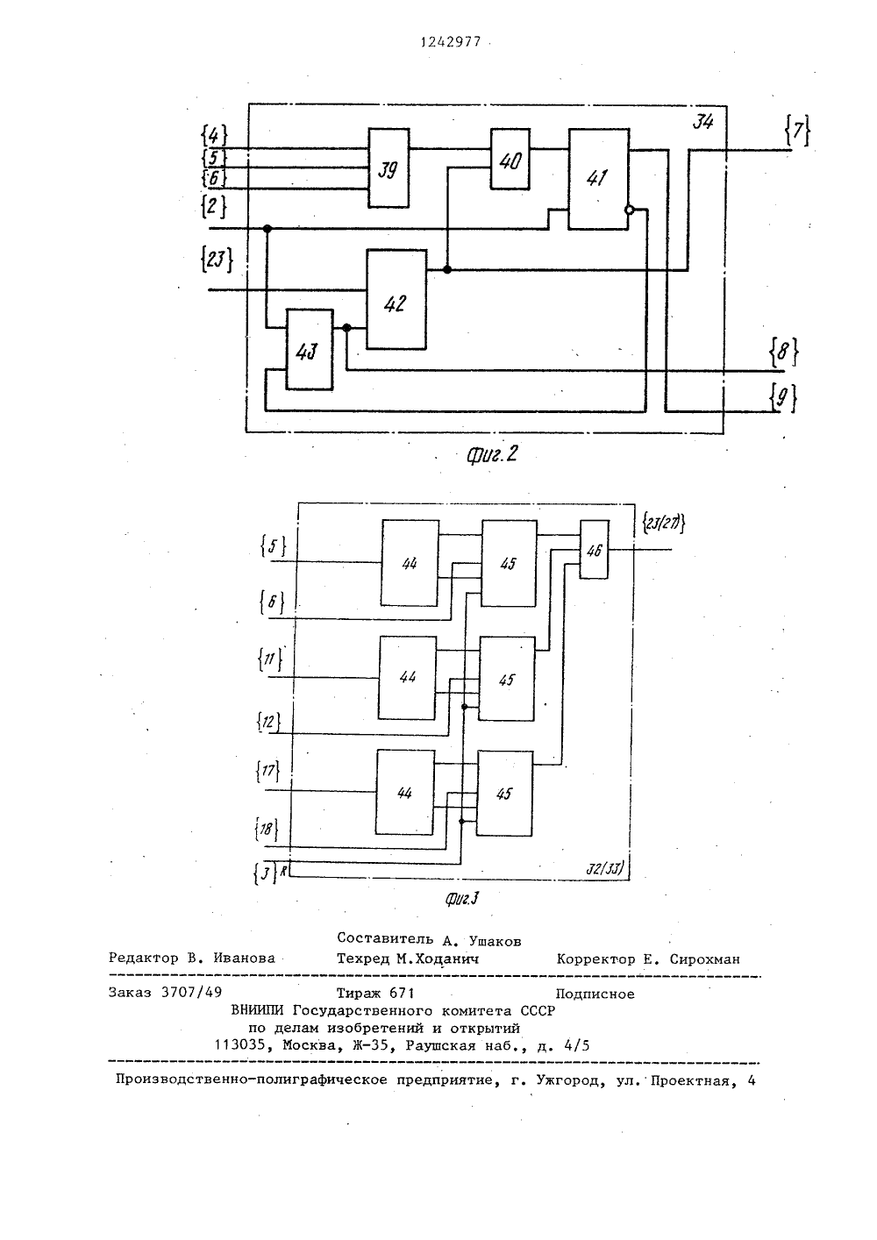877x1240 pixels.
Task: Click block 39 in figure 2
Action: (389, 168)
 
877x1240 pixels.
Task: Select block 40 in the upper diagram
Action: (510, 160)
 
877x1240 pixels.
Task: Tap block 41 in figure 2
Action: (598, 179)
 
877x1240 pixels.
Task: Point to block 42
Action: (396, 299)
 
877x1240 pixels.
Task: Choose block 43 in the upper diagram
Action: (310, 349)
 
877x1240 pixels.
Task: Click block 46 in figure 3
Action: (594, 549)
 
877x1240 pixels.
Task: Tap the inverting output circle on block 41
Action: (629, 210)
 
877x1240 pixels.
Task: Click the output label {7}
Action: (797, 131)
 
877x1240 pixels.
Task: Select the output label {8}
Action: (783, 352)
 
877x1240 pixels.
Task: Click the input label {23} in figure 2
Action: (217, 259)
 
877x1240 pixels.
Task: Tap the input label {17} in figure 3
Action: (268, 772)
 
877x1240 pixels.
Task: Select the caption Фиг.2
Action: (492, 454)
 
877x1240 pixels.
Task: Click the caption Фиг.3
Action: (462, 900)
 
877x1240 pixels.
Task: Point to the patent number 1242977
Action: (450, 42)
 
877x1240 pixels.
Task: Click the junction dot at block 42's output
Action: (446, 269)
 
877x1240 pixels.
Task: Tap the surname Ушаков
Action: (495, 940)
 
